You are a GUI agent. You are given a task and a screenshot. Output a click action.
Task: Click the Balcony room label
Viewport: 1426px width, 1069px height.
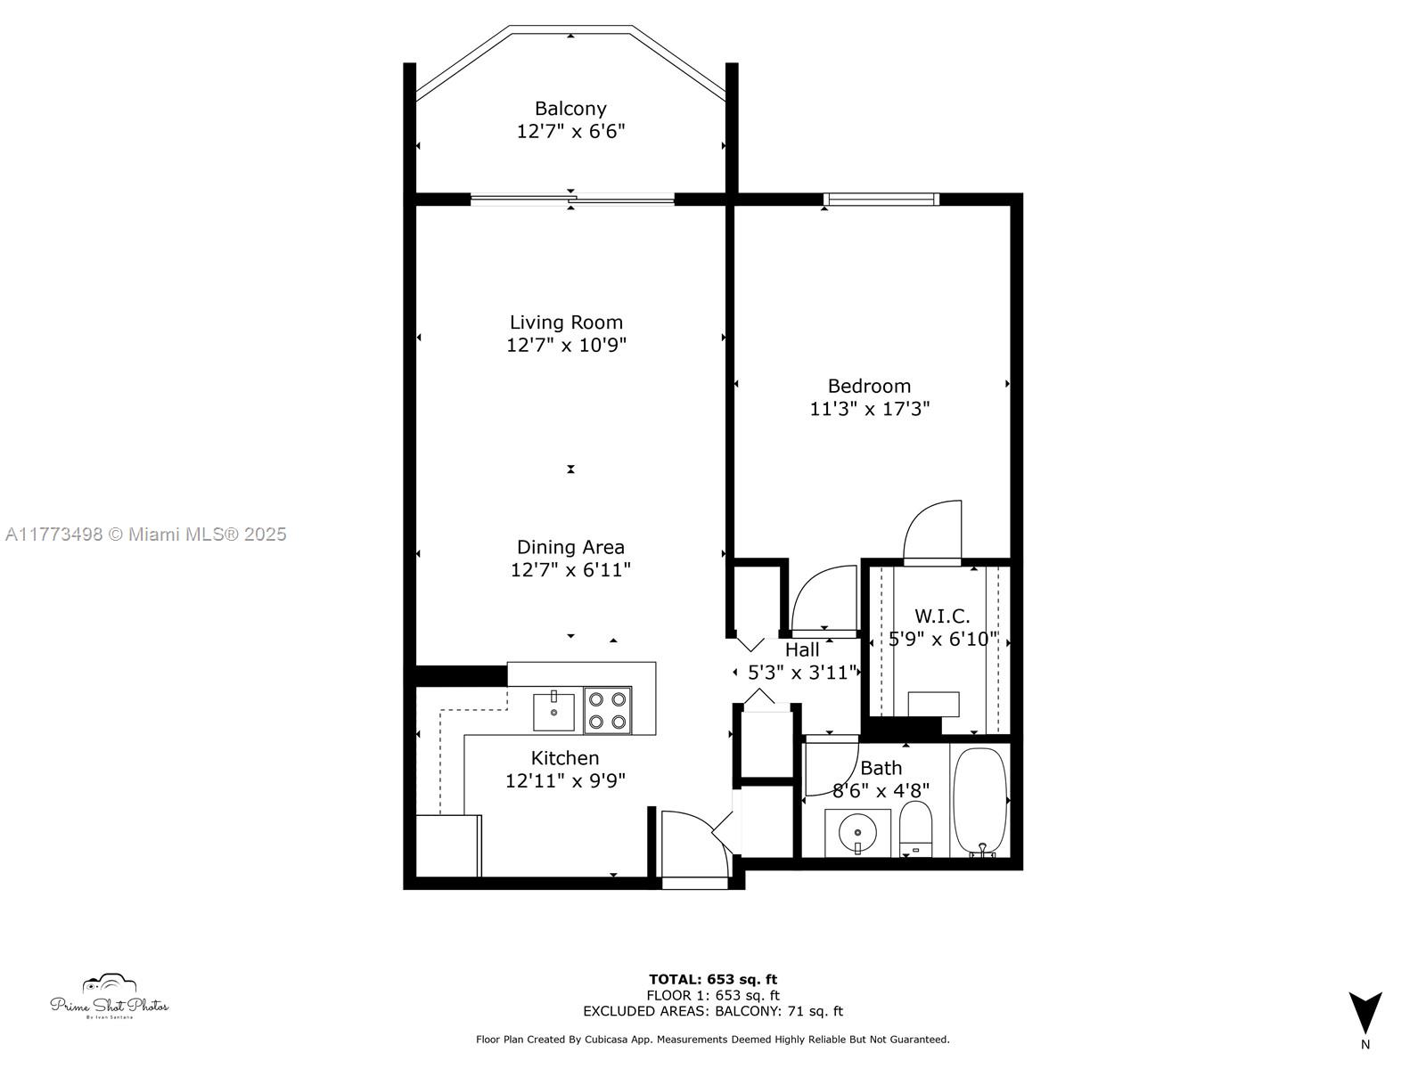click(570, 109)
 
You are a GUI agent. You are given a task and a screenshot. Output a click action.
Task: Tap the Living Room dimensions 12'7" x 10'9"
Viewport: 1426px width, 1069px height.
click(567, 345)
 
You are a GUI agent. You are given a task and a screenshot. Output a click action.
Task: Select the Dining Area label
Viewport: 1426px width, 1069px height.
click(570, 547)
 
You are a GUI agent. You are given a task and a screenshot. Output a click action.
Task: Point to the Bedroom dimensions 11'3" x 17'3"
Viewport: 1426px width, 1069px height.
click(869, 409)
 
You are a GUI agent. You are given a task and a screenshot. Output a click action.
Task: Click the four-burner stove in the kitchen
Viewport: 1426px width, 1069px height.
click(608, 710)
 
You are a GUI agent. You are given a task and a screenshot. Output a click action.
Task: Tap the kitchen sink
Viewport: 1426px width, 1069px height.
click(554, 711)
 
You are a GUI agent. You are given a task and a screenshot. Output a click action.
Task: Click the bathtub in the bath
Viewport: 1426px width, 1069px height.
click(980, 802)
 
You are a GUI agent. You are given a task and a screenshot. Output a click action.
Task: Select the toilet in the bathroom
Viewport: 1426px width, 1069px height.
click(915, 828)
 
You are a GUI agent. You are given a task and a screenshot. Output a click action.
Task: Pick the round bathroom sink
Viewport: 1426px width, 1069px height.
click(857, 833)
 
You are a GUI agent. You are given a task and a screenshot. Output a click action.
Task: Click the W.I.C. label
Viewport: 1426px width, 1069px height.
click(942, 616)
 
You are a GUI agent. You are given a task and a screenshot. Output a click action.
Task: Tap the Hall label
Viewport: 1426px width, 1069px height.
click(802, 650)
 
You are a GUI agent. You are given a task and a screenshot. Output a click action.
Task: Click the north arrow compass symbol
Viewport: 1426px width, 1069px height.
click(1365, 1014)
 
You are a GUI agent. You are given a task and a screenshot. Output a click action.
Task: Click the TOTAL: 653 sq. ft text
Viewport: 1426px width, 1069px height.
click(713, 979)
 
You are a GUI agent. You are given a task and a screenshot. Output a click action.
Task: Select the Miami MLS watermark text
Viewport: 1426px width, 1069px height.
click(146, 534)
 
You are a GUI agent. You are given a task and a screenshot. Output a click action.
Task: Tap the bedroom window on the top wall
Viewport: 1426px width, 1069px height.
click(881, 199)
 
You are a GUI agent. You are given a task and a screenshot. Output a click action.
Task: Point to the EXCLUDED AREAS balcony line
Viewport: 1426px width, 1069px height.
click(713, 1011)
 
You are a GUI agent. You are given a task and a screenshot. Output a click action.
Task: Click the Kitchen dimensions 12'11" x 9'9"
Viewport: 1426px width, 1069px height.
click(565, 781)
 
